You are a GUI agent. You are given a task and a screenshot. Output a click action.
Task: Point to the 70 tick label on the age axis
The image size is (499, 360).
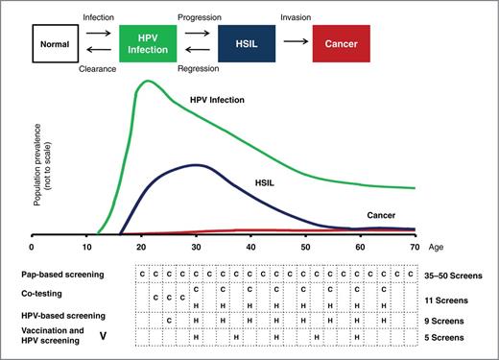coord(415,246)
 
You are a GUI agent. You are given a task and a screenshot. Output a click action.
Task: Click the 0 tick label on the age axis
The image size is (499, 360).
coord(34,246)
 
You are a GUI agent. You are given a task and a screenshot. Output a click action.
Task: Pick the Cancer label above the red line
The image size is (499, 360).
coord(383,216)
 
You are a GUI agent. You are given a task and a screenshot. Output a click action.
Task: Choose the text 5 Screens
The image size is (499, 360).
coord(448,337)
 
